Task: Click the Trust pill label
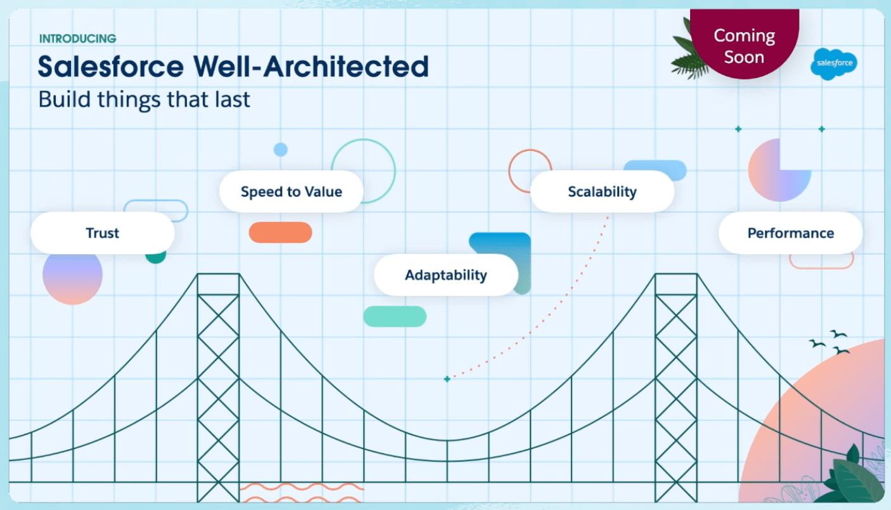[102, 233]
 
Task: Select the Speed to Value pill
[291, 192]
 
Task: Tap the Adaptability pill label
[446, 275]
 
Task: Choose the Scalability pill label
[602, 192]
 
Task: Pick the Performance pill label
[791, 233]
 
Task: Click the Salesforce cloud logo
[834, 63]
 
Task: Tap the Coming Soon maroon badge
[744, 44]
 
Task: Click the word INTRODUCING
[77, 39]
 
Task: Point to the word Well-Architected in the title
[311, 66]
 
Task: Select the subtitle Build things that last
[144, 99]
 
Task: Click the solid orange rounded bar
[281, 233]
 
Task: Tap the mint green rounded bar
[395, 317]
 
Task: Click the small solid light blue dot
[281, 150]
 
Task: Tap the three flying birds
[829, 343]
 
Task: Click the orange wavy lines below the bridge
[302, 492]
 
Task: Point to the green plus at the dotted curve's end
[447, 379]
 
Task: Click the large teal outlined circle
[395, 171]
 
